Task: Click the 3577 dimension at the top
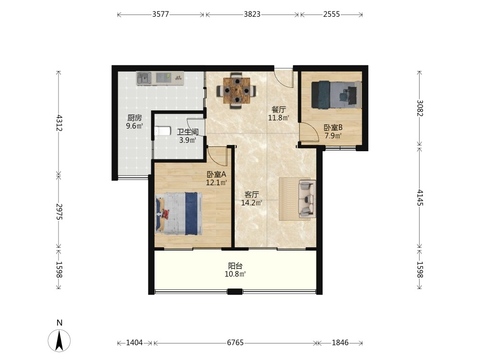pyautogui.click(x=161, y=14)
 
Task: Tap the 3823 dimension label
pyautogui.click(x=252, y=14)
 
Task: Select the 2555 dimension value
pyautogui.click(x=332, y=14)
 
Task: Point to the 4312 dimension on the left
pyautogui.click(x=60, y=123)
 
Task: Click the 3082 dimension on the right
pyautogui.click(x=420, y=108)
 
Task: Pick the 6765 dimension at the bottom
pyautogui.click(x=235, y=343)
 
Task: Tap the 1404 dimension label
pyautogui.click(x=134, y=343)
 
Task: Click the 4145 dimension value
pyautogui.click(x=420, y=197)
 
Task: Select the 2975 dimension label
pyautogui.click(x=60, y=212)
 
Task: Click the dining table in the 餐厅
pyautogui.click(x=236, y=90)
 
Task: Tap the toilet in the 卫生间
pyautogui.click(x=162, y=132)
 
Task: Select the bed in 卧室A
pyautogui.click(x=179, y=214)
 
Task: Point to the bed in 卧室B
pyautogui.click(x=336, y=95)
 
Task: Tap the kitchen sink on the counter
pyautogui.click(x=144, y=78)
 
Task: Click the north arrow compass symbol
pyautogui.click(x=59, y=340)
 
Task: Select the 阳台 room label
pyautogui.click(x=235, y=266)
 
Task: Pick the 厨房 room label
pyautogui.click(x=135, y=118)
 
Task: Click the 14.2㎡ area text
pyautogui.click(x=252, y=203)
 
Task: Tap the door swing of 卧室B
pyautogui.click(x=309, y=132)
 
